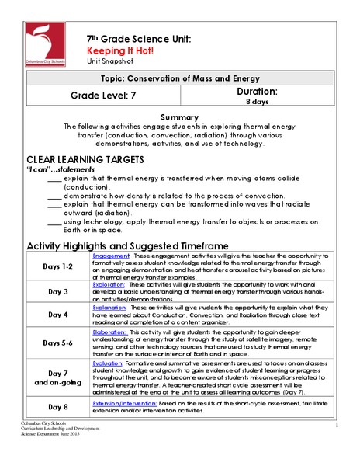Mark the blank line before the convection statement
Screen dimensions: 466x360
[x=54, y=195]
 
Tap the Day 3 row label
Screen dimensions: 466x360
[x=57, y=291]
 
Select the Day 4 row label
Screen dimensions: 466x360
[x=57, y=315]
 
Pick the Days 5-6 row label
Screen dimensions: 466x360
[x=57, y=342]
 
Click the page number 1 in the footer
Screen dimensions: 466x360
[x=339, y=426]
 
